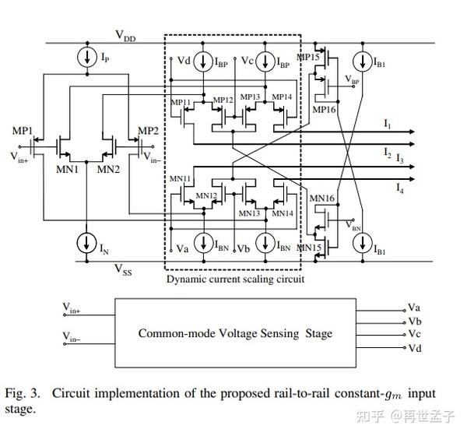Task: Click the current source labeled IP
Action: (83, 57)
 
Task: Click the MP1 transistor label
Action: (23, 129)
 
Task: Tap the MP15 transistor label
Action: (309, 57)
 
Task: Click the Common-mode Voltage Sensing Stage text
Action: (235, 333)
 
